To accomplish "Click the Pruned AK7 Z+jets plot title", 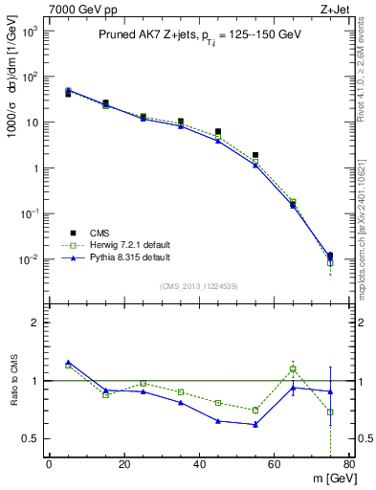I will click(191, 35).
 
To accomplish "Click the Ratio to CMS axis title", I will click(13, 381).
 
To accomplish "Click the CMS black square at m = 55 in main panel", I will click(255, 155).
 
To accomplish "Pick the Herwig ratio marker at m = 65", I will click(293, 368).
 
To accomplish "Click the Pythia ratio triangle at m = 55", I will click(255, 424).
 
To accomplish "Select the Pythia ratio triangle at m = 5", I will click(68, 362).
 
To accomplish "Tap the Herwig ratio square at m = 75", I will click(330, 412).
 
